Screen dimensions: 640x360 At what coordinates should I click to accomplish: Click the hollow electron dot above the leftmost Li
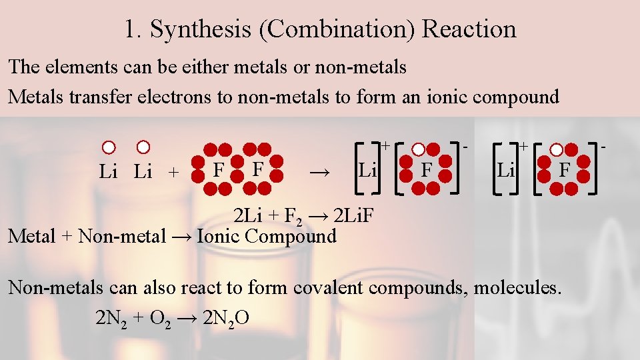[x=109, y=147]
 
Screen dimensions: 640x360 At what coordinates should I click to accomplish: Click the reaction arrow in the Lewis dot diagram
[x=320, y=172]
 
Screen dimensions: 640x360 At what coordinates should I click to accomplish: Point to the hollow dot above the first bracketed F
[x=418, y=150]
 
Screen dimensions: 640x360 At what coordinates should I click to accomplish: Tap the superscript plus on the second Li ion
[x=524, y=145]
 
